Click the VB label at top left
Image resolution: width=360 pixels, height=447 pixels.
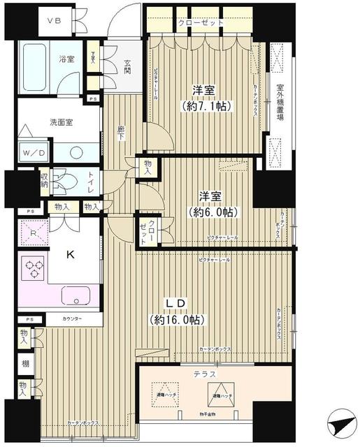tap(54, 20)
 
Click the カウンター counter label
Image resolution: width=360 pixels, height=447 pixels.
tap(72, 318)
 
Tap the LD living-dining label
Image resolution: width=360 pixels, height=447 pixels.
tap(175, 305)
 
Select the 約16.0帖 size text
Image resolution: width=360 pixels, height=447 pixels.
tap(176, 320)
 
